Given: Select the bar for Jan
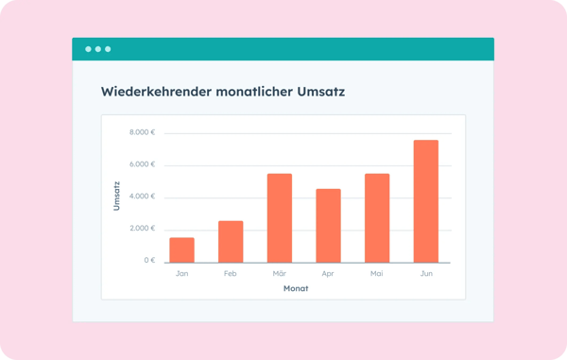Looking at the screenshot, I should tap(181, 249).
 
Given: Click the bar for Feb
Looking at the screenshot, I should tap(231, 241).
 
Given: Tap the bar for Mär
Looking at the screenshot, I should tap(279, 217).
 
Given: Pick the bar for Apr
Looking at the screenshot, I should tap(328, 225).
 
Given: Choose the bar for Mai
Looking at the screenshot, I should tap(377, 217).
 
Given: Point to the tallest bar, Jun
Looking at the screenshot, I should tap(425, 200).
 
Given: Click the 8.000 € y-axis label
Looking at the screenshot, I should tap(143, 133).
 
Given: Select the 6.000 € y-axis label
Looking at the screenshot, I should tap(143, 165).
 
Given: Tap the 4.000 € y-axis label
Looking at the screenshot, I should tap(143, 197).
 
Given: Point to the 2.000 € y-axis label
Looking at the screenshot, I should tap(143, 230).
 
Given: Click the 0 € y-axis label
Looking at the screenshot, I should tap(148, 261).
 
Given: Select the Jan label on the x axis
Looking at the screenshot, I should tap(181, 274).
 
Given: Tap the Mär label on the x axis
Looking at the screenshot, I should tap(279, 274).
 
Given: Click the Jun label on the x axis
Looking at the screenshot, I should tap(425, 274).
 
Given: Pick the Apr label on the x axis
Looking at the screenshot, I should tap(328, 274).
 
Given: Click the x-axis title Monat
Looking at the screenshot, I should tap(296, 288).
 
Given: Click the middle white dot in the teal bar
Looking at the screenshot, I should tap(97, 48).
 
